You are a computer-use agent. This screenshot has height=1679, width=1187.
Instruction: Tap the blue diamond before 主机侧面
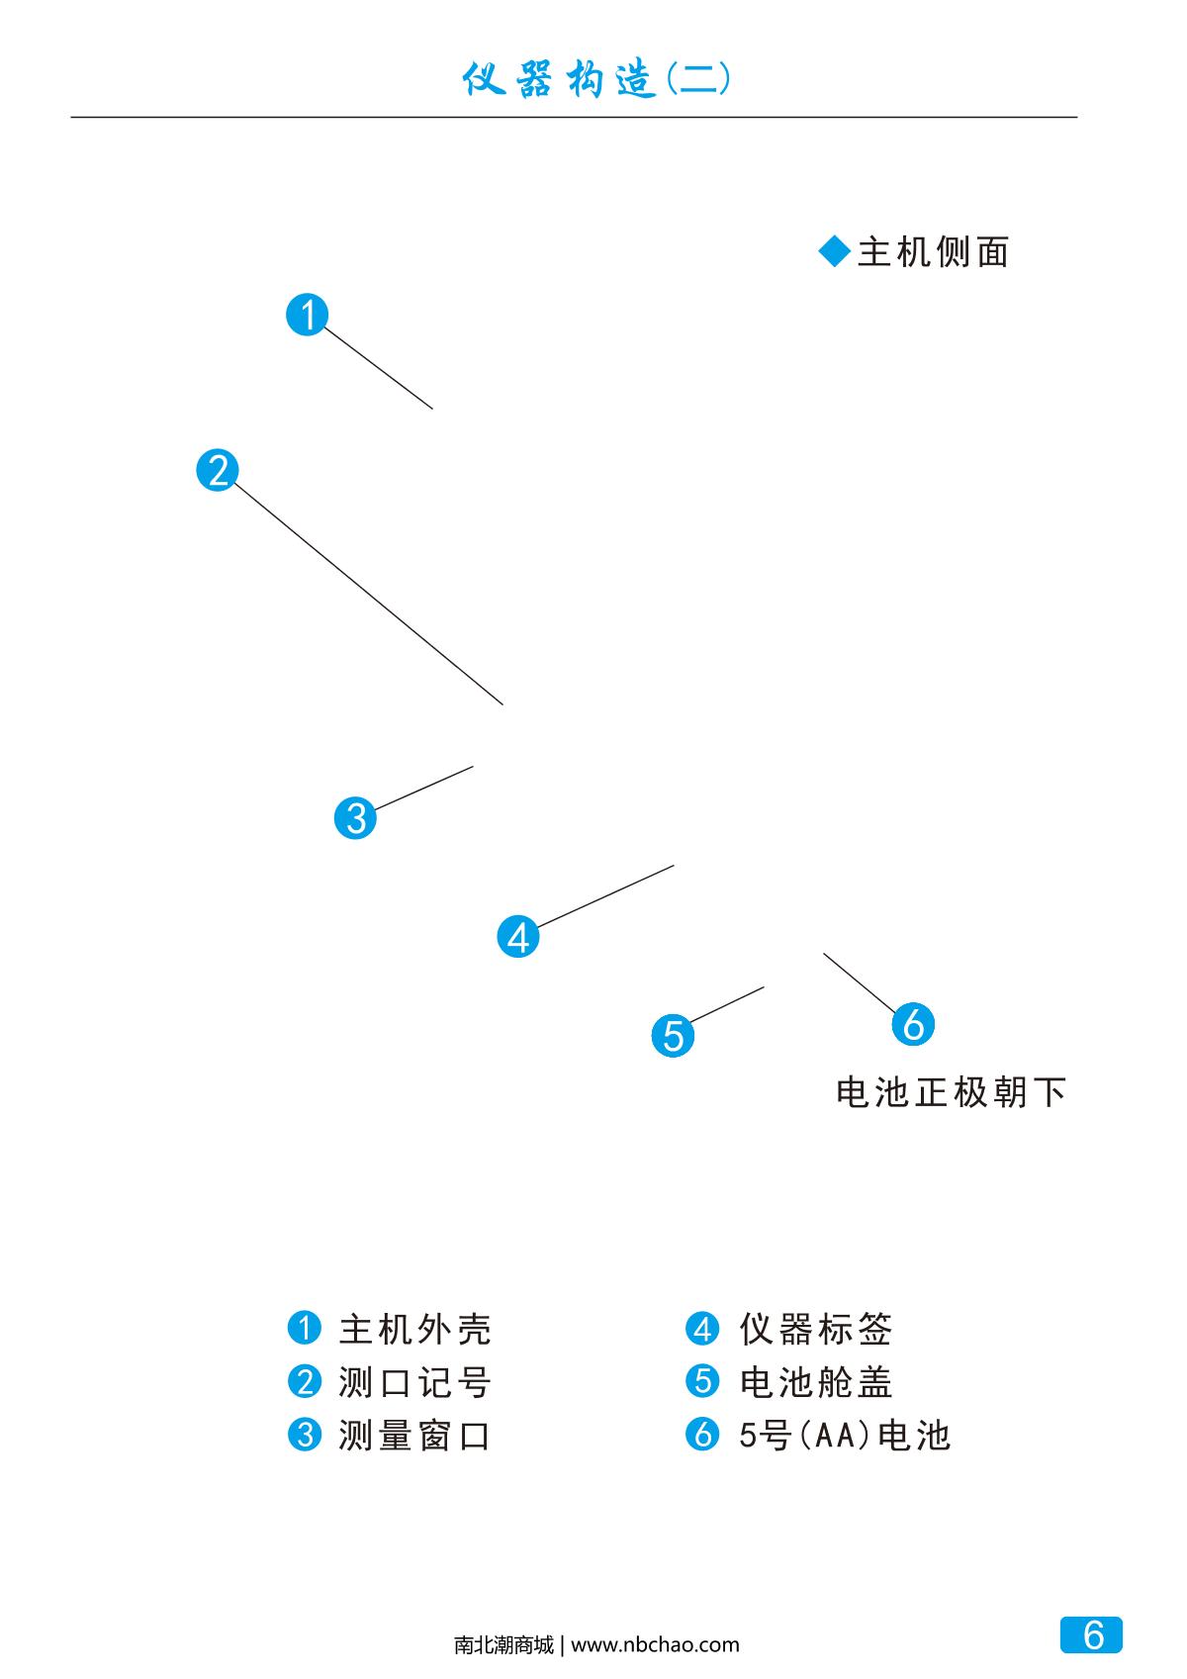point(835,252)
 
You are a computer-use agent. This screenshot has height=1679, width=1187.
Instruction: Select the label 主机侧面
point(933,252)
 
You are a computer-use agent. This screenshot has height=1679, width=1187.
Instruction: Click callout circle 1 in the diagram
point(307,315)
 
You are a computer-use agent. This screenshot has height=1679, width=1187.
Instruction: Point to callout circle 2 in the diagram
point(218,469)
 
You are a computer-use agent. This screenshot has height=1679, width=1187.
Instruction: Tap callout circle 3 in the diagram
point(355,818)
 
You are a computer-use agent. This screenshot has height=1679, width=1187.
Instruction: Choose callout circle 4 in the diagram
point(518,936)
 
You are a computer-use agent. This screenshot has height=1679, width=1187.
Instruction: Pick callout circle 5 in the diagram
point(673,1036)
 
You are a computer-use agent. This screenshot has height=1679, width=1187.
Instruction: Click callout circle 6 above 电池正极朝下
point(913,1024)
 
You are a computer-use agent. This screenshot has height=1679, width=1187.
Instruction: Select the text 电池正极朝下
point(952,1093)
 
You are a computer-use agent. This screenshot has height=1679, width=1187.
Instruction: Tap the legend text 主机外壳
point(415,1329)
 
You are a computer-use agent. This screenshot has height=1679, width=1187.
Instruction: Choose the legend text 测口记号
point(415,1382)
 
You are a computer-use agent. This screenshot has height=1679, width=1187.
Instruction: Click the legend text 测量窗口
point(415,1435)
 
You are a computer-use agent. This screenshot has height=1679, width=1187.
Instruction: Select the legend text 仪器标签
point(816,1329)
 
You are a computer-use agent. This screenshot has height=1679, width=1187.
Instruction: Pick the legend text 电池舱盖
point(816,1382)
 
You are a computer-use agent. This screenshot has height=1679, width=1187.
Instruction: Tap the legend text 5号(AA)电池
point(845,1435)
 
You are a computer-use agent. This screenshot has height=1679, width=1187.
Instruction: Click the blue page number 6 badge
point(1092,1634)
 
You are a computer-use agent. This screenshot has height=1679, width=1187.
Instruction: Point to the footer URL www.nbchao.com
point(655,1645)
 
